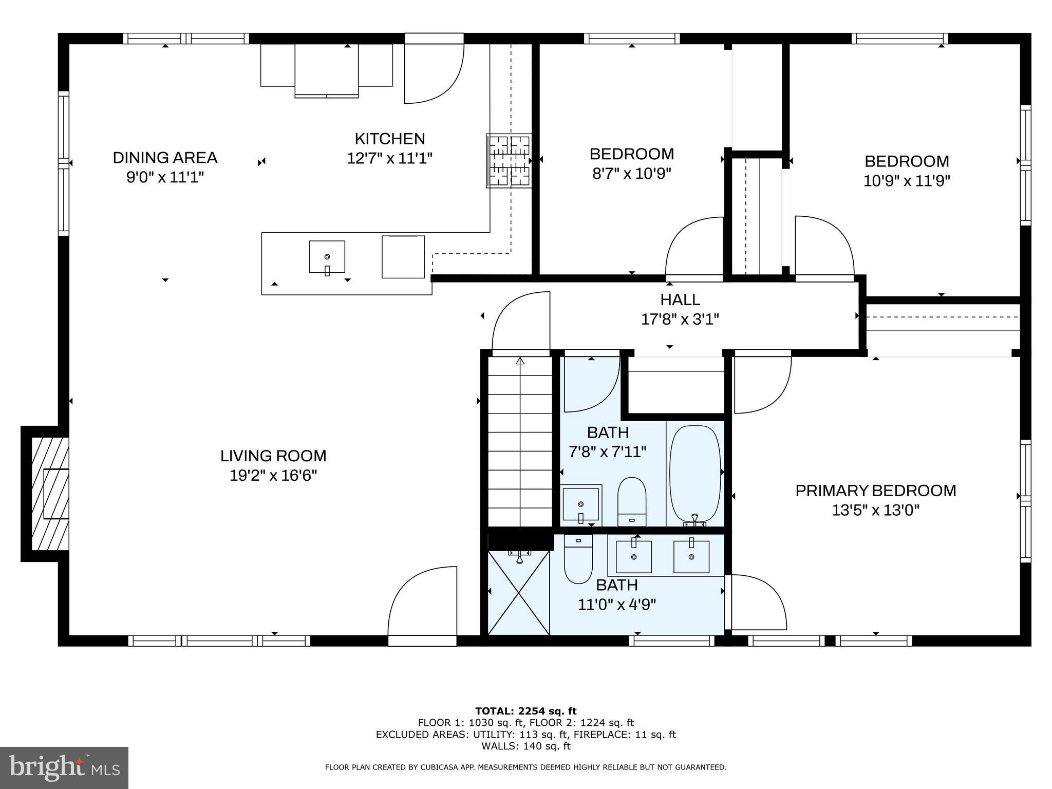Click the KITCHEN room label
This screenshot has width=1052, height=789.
click(389, 139)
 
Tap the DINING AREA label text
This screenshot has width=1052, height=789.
click(165, 158)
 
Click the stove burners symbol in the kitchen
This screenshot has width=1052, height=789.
click(509, 161)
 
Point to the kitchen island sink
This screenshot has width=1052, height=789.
click(327, 256)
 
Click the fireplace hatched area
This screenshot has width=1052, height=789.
click(50, 493)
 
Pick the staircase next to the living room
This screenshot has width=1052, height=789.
click(520, 442)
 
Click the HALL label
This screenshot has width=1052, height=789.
click(680, 299)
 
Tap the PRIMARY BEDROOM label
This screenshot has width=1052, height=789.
click(875, 491)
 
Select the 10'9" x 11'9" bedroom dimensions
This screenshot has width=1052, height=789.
click(906, 181)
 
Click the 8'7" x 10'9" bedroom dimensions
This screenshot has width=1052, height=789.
click(631, 174)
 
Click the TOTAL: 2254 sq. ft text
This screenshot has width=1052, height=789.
click(525, 711)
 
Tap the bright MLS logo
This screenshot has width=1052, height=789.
click(64, 767)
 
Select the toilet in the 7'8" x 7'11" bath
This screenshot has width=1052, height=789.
click(631, 501)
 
